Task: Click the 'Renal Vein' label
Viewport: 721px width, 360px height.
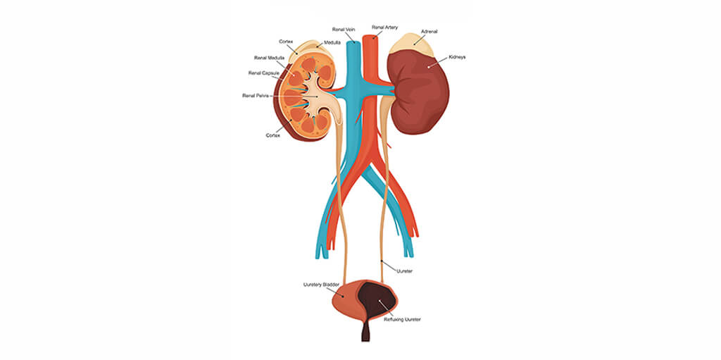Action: point(344,29)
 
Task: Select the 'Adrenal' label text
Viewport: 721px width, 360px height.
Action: point(429,31)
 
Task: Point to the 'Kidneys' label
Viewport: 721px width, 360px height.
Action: point(457,57)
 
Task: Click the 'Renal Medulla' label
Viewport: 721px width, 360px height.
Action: point(270,58)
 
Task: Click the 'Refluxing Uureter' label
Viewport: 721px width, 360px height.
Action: point(402,319)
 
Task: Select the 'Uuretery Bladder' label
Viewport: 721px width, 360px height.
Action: point(321,285)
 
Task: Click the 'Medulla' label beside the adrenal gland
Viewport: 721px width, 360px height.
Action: point(332,42)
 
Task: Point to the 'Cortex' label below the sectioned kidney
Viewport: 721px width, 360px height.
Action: point(272,135)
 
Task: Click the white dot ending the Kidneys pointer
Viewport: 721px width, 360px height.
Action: point(428,67)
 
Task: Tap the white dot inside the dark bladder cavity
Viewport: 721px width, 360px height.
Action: point(380,302)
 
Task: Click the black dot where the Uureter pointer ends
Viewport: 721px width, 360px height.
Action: point(382,262)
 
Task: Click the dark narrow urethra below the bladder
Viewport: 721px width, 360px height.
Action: point(365,331)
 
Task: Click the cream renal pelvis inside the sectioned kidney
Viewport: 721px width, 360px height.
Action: point(319,97)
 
